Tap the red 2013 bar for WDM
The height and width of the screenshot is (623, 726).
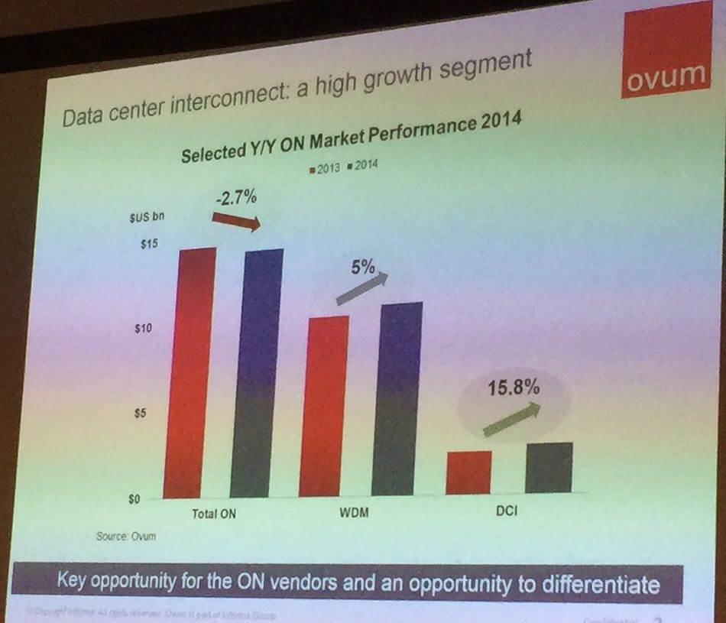pyautogui.click(x=323, y=405)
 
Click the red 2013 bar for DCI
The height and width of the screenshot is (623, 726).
pyautogui.click(x=468, y=472)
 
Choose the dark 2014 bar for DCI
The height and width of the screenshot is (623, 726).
pyautogui.click(x=549, y=468)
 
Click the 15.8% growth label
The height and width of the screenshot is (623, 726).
pyautogui.click(x=514, y=388)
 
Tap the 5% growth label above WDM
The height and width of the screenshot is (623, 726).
pyautogui.click(x=363, y=268)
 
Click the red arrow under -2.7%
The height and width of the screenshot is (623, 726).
pyautogui.click(x=236, y=221)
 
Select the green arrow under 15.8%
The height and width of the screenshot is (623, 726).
pyautogui.click(x=511, y=420)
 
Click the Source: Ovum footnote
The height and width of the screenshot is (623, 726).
pyautogui.click(x=126, y=536)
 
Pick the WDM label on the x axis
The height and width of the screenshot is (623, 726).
pyautogui.click(x=354, y=512)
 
